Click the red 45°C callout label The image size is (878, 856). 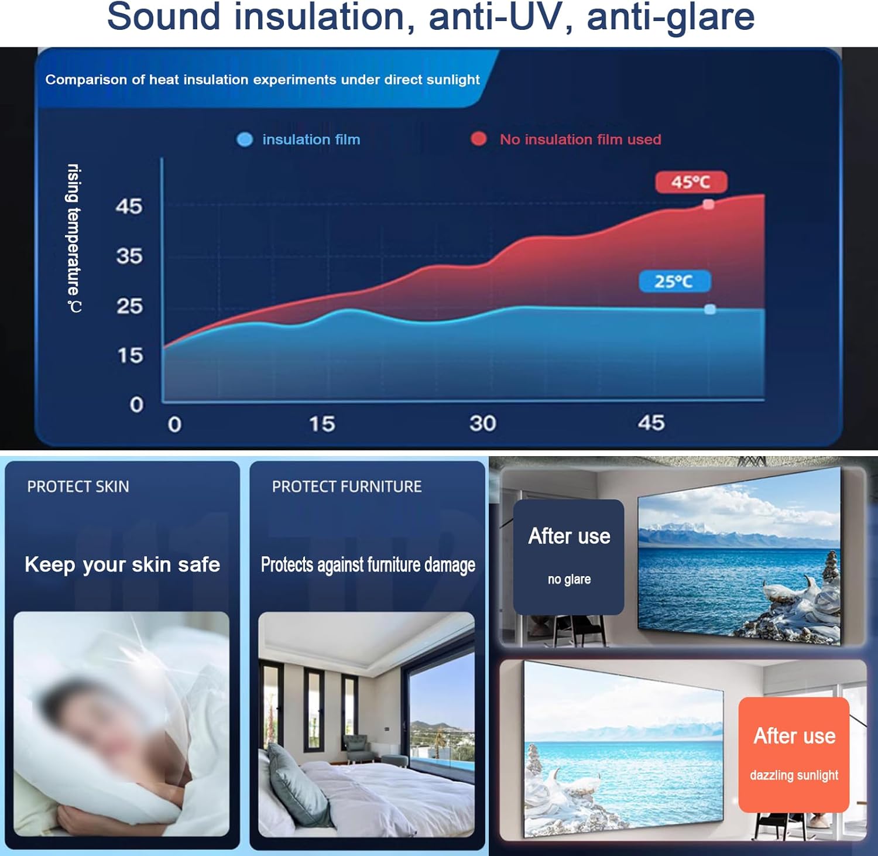[691, 182]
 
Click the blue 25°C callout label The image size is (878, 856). [674, 282]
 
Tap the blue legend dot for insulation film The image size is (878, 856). [245, 139]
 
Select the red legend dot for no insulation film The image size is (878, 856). [479, 139]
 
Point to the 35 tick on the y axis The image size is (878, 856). [129, 256]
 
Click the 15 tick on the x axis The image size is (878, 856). [322, 424]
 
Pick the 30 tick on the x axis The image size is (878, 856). [483, 423]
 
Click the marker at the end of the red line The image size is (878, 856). [708, 204]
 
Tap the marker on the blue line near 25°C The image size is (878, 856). [710, 309]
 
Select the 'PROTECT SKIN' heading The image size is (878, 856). [78, 487]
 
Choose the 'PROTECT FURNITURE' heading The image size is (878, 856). [347, 487]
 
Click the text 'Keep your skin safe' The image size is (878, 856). [122, 564]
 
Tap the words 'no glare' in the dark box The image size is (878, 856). [569, 579]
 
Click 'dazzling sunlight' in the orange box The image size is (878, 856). [794, 775]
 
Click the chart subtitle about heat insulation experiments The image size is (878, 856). [262, 80]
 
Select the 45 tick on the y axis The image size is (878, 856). [129, 206]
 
